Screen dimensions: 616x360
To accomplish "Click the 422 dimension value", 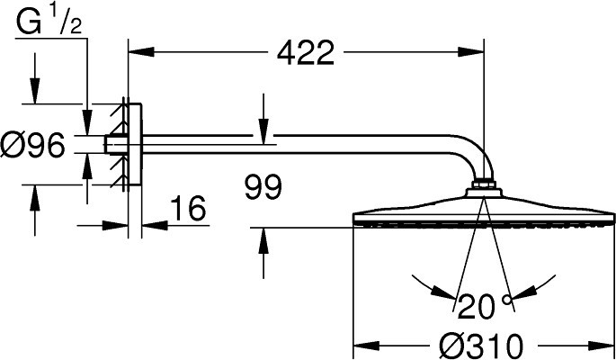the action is click(x=306, y=53).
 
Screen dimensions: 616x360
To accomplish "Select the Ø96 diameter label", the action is click(x=32, y=145).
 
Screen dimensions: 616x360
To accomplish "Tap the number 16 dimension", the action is click(x=189, y=208).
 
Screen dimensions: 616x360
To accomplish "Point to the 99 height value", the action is click(x=263, y=186).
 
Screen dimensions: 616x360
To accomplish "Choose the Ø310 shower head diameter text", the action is click(x=482, y=346).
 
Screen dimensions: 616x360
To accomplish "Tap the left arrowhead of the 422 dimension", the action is click(x=141, y=52).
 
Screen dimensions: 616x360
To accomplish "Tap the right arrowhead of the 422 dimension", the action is click(x=470, y=52).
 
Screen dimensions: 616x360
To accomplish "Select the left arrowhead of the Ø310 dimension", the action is click(x=367, y=346).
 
